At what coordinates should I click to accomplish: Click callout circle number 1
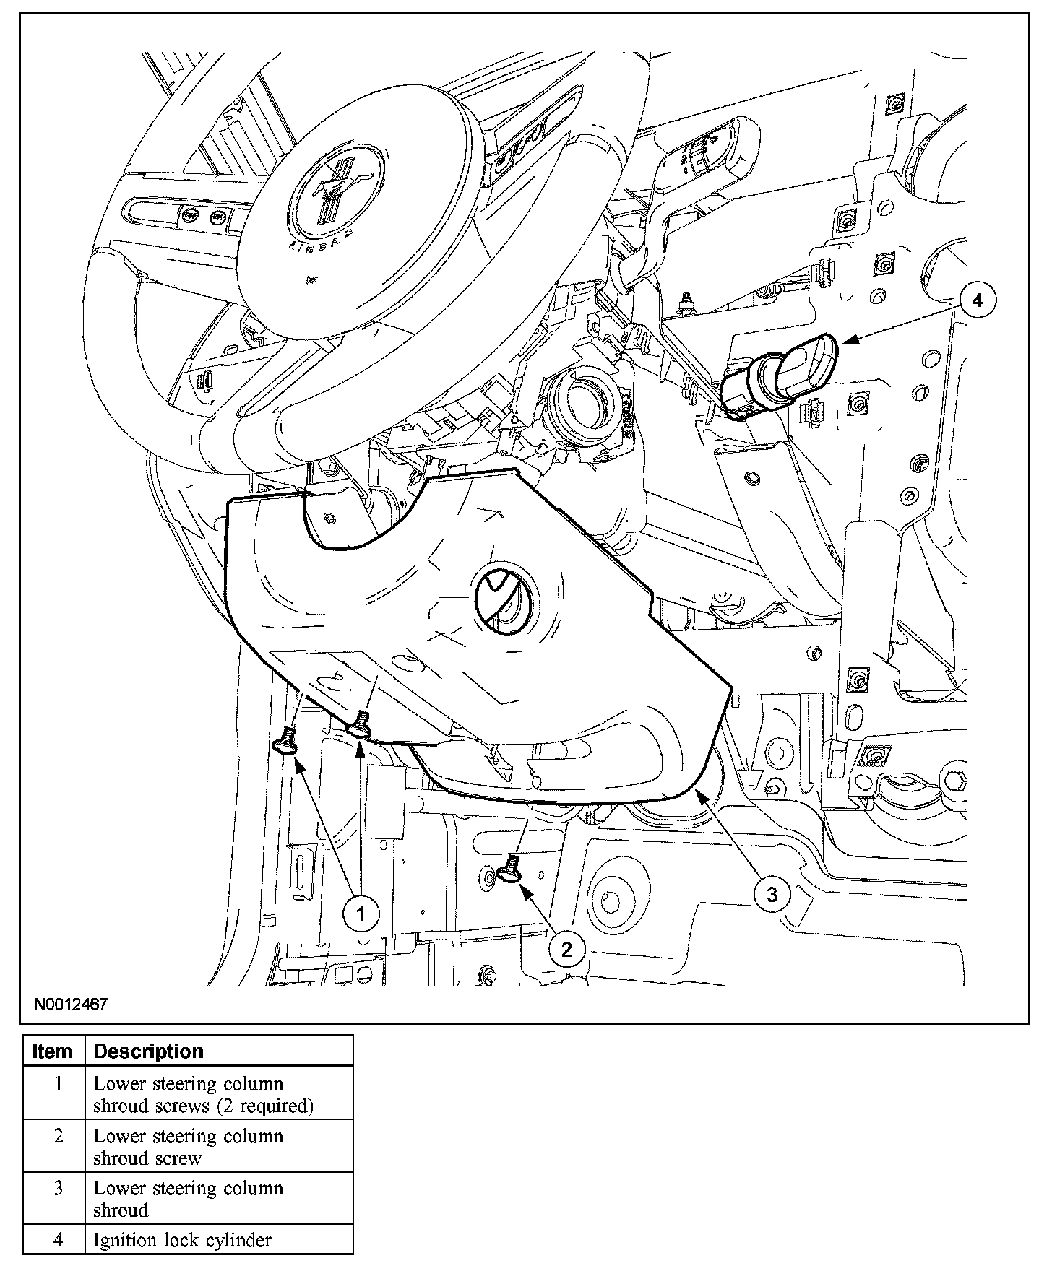click(x=361, y=914)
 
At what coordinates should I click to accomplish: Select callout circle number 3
click(x=772, y=895)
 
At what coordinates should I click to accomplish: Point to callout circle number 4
click(x=978, y=300)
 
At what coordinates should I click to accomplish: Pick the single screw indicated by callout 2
click(x=512, y=869)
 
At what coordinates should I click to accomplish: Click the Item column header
click(x=53, y=1051)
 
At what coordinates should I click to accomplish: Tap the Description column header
click(x=149, y=1051)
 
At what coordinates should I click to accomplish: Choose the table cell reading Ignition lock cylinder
click(x=183, y=1240)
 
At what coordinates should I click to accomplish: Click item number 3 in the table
click(x=59, y=1188)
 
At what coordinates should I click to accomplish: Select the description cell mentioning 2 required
click(x=203, y=1094)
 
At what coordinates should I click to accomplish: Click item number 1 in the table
click(x=59, y=1084)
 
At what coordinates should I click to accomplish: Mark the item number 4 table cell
click(x=59, y=1240)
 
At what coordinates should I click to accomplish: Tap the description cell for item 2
click(x=189, y=1146)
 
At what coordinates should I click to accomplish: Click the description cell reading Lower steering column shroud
click(x=189, y=1198)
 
